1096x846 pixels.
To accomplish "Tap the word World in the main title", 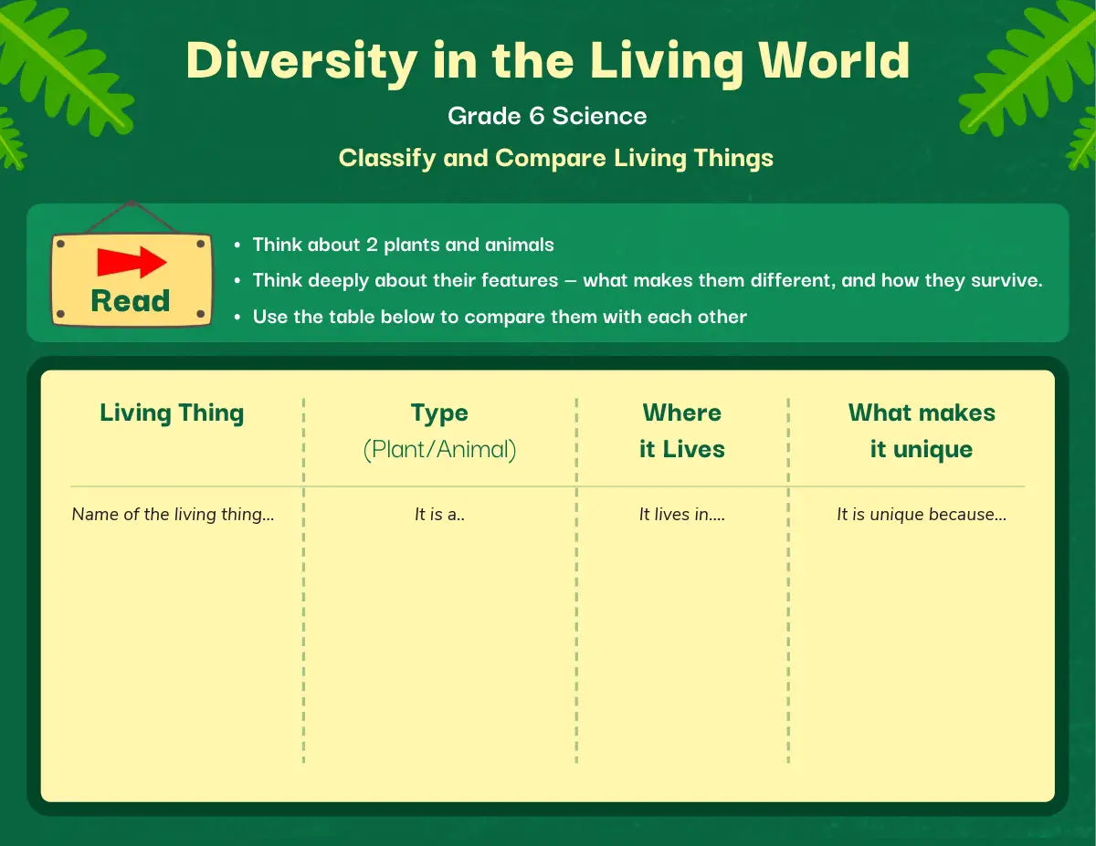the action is click(835, 60).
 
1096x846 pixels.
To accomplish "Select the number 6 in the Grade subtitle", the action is click(537, 116).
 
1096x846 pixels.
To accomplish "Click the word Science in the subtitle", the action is click(600, 116).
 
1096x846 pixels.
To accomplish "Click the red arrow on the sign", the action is click(132, 262).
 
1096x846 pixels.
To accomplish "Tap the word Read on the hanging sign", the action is click(131, 301).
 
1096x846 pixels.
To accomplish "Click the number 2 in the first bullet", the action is click(372, 245).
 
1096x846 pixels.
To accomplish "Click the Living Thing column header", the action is click(172, 413).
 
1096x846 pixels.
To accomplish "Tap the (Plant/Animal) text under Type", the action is click(440, 449).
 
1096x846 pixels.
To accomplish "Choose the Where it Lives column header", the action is click(682, 431).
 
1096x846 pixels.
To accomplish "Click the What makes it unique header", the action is click(922, 432).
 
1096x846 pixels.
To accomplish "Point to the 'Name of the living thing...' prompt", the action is click(173, 515).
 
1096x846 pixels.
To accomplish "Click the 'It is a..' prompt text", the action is click(439, 515).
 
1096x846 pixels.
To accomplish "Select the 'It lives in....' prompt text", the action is click(682, 515).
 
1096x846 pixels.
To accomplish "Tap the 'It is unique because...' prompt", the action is click(922, 515).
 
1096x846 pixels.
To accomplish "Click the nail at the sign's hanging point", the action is click(132, 204).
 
